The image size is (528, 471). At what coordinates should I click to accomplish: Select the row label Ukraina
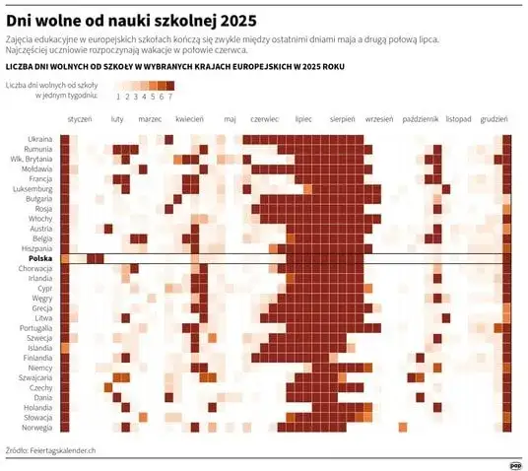click(40, 138)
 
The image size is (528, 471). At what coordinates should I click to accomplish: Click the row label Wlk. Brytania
click(32, 159)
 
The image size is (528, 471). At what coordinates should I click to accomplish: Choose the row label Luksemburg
click(33, 188)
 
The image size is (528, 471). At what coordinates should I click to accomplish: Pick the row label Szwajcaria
click(35, 376)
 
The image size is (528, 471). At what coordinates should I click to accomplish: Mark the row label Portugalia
click(35, 327)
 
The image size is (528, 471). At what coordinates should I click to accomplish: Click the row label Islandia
click(38, 347)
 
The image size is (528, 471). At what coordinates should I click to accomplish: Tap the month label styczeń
click(80, 118)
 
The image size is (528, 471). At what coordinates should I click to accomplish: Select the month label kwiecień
click(189, 118)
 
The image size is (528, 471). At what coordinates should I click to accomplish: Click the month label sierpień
click(342, 118)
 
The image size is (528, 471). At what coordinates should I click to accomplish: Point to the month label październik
click(421, 118)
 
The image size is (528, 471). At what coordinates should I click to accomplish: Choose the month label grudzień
click(495, 118)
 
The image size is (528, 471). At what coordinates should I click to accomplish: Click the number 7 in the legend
click(170, 97)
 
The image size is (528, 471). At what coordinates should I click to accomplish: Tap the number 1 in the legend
click(117, 97)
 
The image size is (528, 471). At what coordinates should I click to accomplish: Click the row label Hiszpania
click(36, 248)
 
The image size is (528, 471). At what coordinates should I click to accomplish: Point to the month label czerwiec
click(265, 118)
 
